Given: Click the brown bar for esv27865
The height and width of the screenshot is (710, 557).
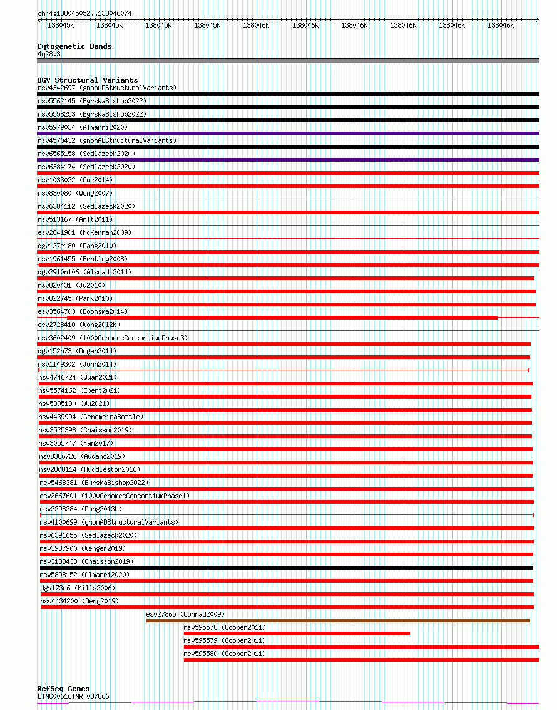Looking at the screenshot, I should pyautogui.click(x=338, y=620).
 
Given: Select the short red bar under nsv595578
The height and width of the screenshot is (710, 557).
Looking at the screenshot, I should pyautogui.click(x=297, y=634).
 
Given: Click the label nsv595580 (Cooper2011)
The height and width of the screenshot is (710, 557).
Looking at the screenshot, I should pyautogui.click(x=225, y=654).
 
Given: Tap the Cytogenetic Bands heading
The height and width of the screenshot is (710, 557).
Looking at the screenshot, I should pyautogui.click(x=74, y=46).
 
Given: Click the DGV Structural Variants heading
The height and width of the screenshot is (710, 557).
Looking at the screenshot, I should pyautogui.click(x=87, y=80).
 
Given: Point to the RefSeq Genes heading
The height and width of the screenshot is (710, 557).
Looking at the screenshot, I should pyautogui.click(x=63, y=689).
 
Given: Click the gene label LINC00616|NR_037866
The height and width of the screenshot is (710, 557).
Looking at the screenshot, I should pyautogui.click(x=73, y=696).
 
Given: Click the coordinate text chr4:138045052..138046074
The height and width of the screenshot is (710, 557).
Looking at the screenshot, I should pyautogui.click(x=84, y=13).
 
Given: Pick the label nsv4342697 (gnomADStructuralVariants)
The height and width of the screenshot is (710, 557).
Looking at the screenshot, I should pyautogui.click(x=107, y=88).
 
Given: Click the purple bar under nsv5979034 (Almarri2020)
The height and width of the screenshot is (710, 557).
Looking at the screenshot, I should pyautogui.click(x=288, y=133).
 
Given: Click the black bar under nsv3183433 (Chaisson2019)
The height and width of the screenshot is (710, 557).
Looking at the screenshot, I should pyautogui.click(x=287, y=568).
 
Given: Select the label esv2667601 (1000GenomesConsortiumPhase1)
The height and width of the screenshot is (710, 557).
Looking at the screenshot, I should pyautogui.click(x=115, y=496).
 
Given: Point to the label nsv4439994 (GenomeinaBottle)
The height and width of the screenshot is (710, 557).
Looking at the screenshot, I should pyautogui.click(x=91, y=417).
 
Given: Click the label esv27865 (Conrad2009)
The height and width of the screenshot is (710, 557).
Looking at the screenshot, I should pyautogui.click(x=185, y=614).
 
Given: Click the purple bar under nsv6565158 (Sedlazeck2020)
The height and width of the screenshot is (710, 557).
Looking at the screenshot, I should pyautogui.click(x=288, y=160).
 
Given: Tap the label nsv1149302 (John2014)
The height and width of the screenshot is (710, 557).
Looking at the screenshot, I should pyautogui.click(x=77, y=364).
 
